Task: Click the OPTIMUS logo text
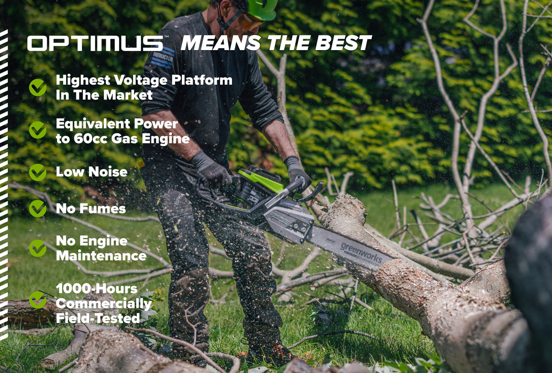pos(95,43)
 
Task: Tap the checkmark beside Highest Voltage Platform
pos(38,87)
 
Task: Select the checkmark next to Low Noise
pos(38,172)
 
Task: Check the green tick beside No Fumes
pos(38,208)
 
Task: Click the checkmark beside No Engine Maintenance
pos(38,248)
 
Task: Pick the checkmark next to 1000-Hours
pos(38,300)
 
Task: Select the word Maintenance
pos(101,256)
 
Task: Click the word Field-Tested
pos(97,318)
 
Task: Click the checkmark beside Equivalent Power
pos(38,130)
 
